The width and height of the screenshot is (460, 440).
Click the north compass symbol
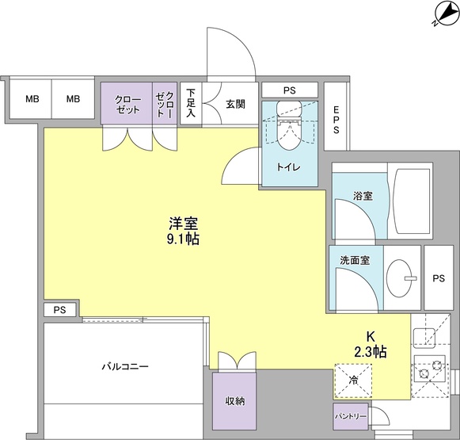click(x=443, y=13)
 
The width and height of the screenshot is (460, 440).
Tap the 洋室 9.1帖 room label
click(x=182, y=230)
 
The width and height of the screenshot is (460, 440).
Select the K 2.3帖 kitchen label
click(x=370, y=342)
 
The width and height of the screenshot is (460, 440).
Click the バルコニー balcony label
click(x=125, y=366)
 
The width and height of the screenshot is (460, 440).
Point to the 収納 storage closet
click(x=235, y=400)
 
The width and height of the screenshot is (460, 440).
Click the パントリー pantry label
click(x=349, y=415)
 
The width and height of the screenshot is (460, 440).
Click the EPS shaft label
click(x=336, y=120)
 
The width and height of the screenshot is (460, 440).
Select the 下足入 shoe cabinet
click(x=191, y=104)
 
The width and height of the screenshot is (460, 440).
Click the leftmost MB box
click(x=32, y=99)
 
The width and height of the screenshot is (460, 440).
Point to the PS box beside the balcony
click(x=60, y=310)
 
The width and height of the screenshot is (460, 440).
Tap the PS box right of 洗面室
click(x=439, y=278)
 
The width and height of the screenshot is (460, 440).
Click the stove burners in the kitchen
click(x=430, y=369)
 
